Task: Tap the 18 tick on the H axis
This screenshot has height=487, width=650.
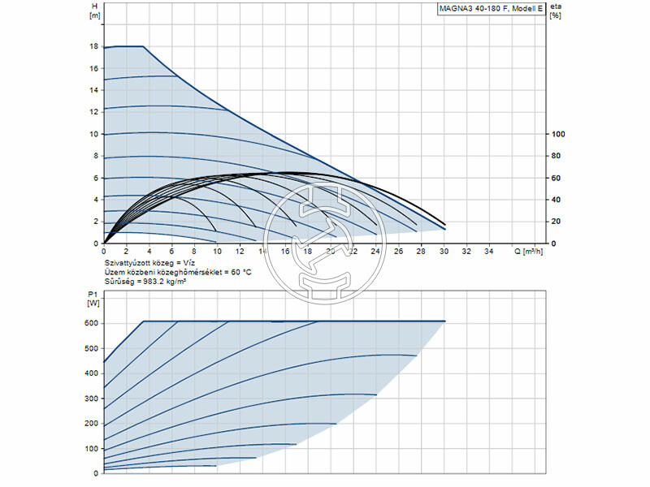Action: coord(93,46)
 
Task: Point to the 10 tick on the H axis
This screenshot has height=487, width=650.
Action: coord(93,134)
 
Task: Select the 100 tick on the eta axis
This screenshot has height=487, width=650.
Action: coord(557,134)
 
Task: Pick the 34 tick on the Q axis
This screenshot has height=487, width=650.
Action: coord(489,252)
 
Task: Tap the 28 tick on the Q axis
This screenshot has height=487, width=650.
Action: coord(421,252)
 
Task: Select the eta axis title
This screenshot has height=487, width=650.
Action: coord(556,6)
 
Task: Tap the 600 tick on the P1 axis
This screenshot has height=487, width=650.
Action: coord(91,323)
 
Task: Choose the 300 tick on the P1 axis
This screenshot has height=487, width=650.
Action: coord(91,399)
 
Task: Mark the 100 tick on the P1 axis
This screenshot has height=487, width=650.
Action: coord(91,449)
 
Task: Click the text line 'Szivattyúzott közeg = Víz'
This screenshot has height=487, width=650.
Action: coord(151,264)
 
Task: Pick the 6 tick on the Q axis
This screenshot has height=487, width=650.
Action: coord(171,252)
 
